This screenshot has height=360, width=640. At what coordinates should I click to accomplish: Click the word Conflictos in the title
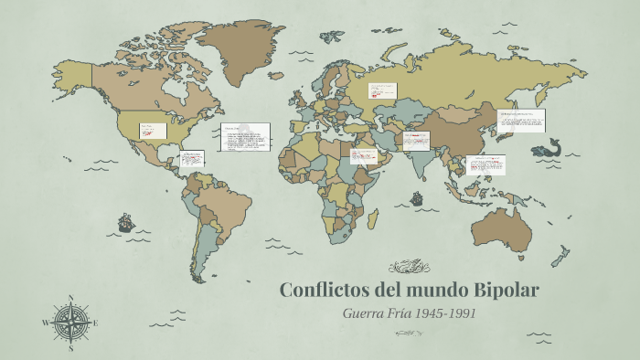pos(322,291)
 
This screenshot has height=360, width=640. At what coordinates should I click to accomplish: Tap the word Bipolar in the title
pos(506,291)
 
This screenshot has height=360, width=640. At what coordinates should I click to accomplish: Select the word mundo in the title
pos(432,291)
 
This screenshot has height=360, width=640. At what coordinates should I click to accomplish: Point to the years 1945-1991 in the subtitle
pos(445,313)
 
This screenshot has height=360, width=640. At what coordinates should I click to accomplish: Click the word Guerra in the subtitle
pos(362,313)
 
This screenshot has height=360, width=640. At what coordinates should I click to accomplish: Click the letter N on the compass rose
pos(71,298)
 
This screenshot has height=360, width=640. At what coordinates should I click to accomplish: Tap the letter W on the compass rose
pos(46,323)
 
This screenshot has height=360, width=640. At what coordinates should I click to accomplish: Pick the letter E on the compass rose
pos(96,323)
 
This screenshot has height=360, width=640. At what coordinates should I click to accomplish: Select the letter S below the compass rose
pos(71,348)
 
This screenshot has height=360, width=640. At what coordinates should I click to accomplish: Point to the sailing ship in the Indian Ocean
pos(416,197)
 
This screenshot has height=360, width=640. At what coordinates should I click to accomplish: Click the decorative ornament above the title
pos(409,267)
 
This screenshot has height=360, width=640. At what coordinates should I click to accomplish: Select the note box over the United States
pos(152,131)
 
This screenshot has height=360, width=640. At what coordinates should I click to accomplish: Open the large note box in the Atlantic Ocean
pos(245,138)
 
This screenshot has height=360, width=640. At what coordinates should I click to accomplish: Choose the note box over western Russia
pos(381,90)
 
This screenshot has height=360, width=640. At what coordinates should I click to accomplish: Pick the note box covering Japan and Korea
pos(521,120)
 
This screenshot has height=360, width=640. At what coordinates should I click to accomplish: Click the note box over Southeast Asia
pos(485,164)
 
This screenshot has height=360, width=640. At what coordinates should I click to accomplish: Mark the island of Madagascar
pos(373,217)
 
